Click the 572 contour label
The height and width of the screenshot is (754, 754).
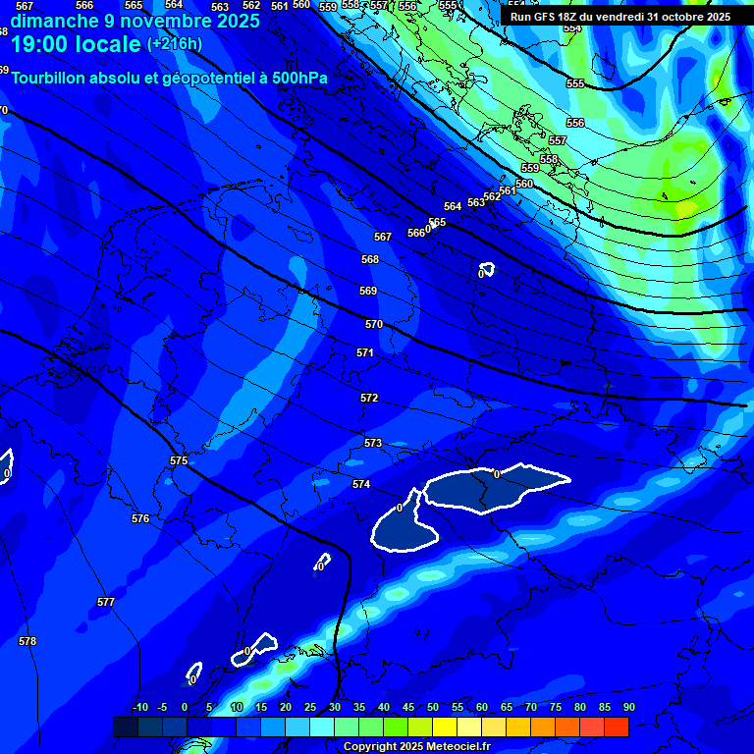[369, 398]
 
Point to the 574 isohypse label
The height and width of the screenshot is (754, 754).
[361, 484]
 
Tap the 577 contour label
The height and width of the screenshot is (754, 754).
[106, 602]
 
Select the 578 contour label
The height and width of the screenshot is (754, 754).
[27, 641]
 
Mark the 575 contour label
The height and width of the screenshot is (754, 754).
[179, 460]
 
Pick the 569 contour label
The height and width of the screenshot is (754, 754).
[368, 291]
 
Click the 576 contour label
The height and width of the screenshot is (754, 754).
[140, 518]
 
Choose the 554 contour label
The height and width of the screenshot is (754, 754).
[572, 28]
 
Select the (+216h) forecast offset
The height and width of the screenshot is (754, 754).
[174, 44]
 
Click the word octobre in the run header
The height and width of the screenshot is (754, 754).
[675, 17]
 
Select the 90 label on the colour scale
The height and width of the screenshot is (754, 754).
[628, 707]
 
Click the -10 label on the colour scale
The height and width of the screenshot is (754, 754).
[140, 707]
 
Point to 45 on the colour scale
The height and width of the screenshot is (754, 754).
[408, 707]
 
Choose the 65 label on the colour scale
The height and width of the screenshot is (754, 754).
[507, 707]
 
